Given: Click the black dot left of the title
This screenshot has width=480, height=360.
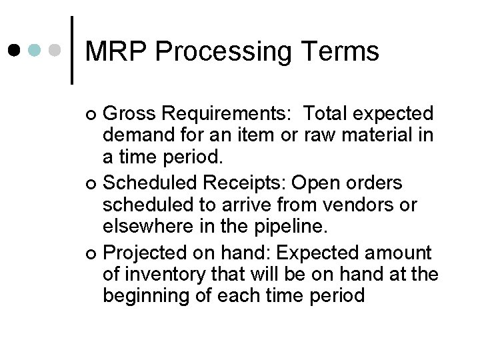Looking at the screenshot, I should point(15,50).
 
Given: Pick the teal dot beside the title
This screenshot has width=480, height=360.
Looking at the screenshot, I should point(37,50).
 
